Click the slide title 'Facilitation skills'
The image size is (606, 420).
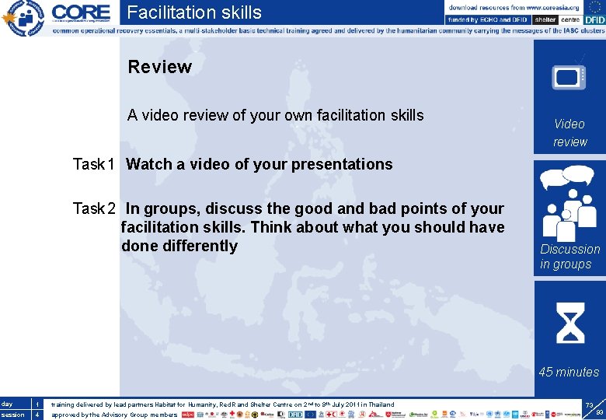click(x=194, y=12)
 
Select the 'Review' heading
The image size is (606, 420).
click(x=159, y=67)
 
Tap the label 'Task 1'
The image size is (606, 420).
click(x=94, y=164)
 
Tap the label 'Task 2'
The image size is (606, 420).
click(x=94, y=208)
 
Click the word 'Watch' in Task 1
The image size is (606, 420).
click(x=148, y=164)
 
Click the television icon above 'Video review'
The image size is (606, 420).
click(x=569, y=76)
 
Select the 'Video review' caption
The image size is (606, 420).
click(x=569, y=133)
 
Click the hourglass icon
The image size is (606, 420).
click(x=569, y=322)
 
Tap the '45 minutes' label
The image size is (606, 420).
click(x=569, y=372)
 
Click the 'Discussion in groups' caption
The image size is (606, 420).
click(x=569, y=257)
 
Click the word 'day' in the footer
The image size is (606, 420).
click(x=7, y=404)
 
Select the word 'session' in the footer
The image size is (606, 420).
click(x=12, y=415)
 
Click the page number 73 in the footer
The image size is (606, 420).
click(x=590, y=406)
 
